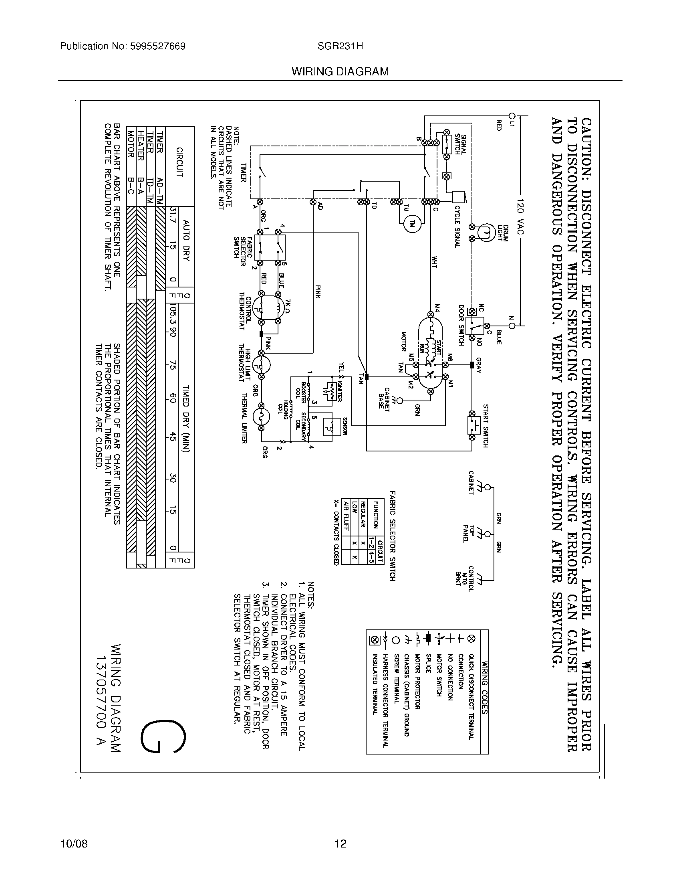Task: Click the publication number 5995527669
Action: [x=157, y=47]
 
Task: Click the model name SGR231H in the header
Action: [x=340, y=47]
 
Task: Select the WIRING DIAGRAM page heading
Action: [x=340, y=72]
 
